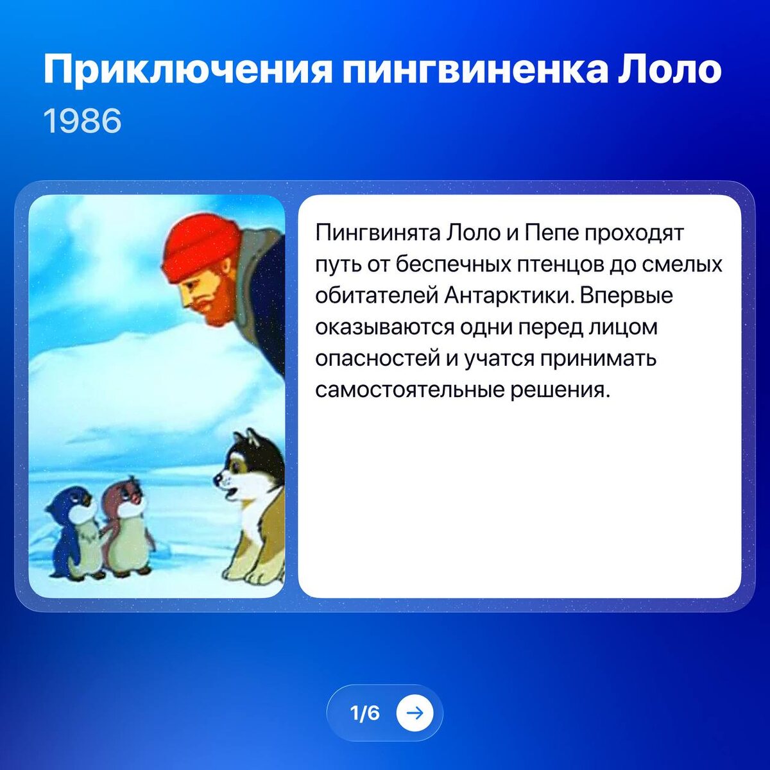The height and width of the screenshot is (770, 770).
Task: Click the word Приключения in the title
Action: pos(187,71)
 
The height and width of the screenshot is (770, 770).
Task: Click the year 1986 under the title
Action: pos(82,121)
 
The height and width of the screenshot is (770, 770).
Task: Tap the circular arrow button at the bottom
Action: pos(415,713)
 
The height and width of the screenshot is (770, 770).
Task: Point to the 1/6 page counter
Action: pos(364,713)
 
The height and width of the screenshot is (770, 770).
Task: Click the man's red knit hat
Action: pos(200,247)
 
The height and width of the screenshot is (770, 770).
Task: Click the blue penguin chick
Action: pos(73,529)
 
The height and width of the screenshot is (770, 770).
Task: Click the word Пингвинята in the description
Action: pos(375,232)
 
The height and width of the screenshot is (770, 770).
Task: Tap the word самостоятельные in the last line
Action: pos(409,390)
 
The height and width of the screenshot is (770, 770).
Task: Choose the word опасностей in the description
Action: pos(377,359)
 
